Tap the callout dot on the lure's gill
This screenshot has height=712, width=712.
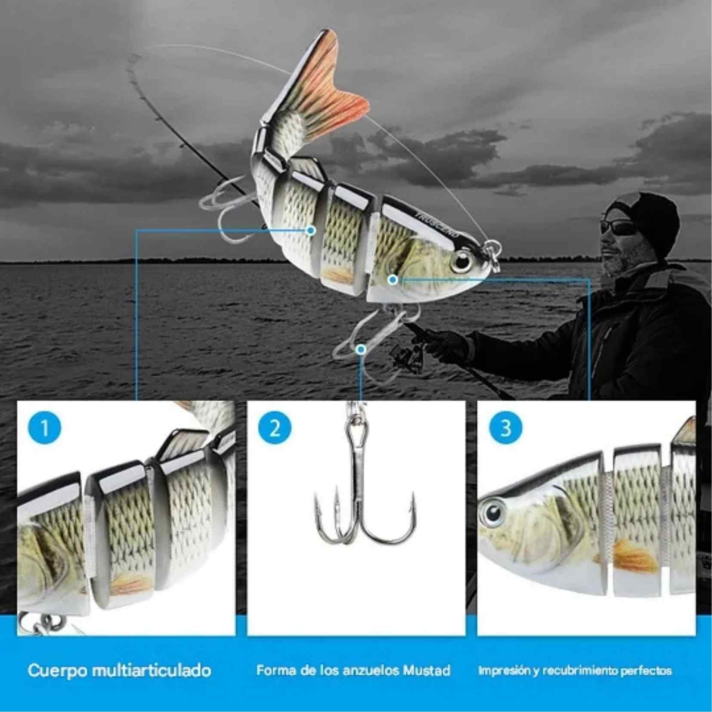click(392, 280)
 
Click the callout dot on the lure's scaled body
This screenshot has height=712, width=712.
click(311, 231)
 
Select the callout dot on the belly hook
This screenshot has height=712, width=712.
click(361, 349)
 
